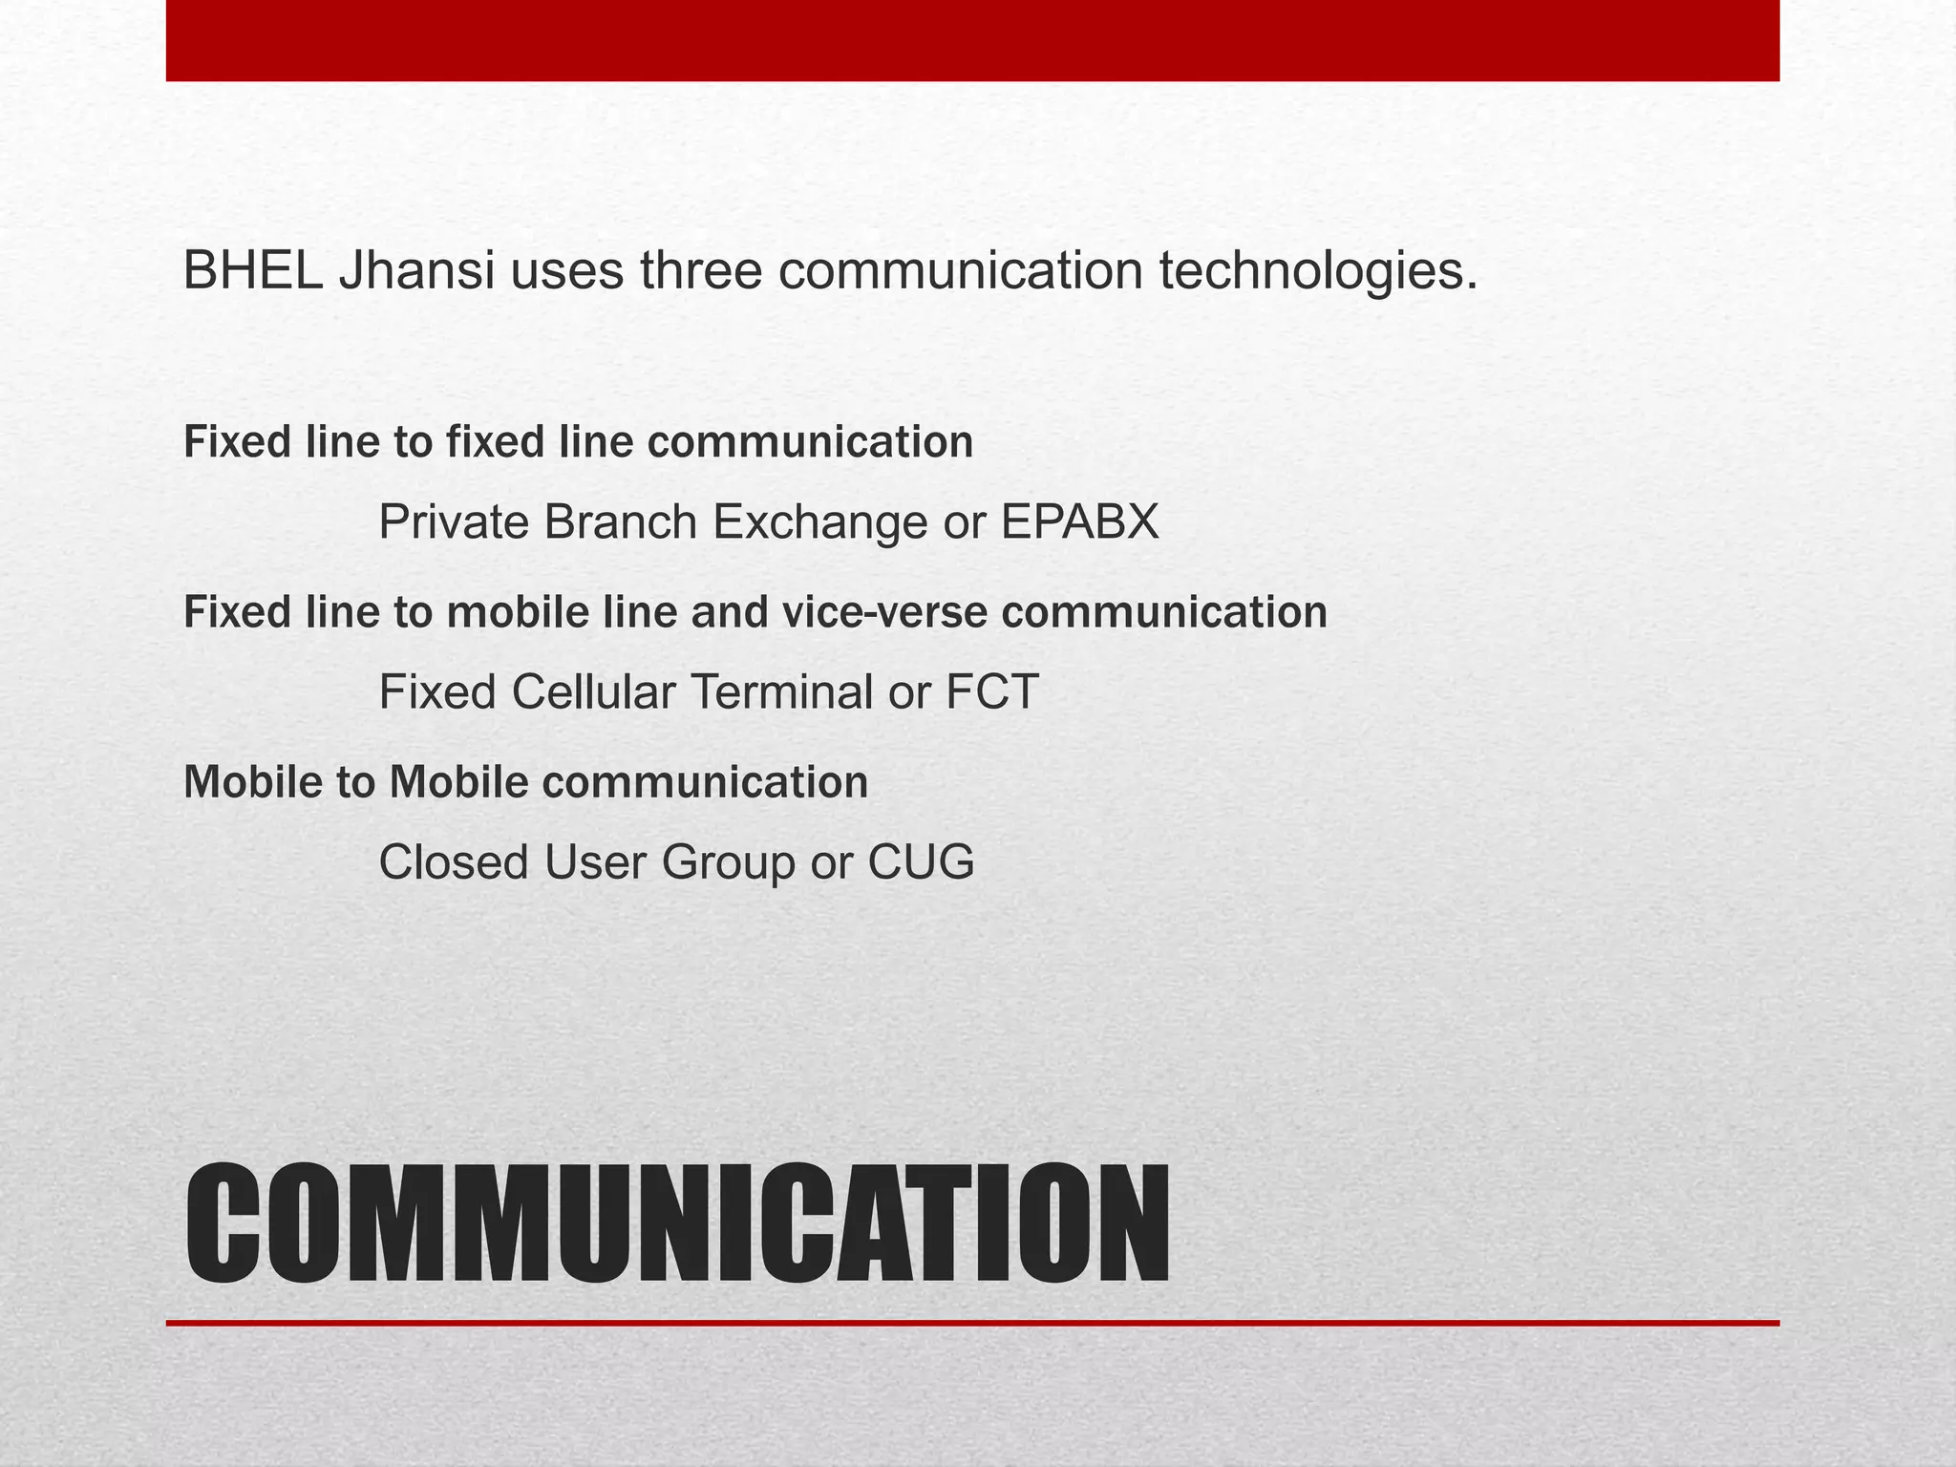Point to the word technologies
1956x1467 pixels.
click(x=1318, y=273)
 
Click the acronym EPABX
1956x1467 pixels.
click(x=1079, y=522)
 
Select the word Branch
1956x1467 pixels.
click(x=621, y=522)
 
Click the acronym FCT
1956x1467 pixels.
click(x=991, y=692)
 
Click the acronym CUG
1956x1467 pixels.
click(x=921, y=862)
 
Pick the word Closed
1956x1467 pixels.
click(x=454, y=862)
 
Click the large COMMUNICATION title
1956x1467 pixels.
click(x=676, y=1225)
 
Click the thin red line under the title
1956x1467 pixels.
click(x=972, y=1323)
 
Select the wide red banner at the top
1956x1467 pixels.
click(x=972, y=40)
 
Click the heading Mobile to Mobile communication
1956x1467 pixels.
click(x=525, y=782)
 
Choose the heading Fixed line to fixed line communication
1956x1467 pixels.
click(x=578, y=442)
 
